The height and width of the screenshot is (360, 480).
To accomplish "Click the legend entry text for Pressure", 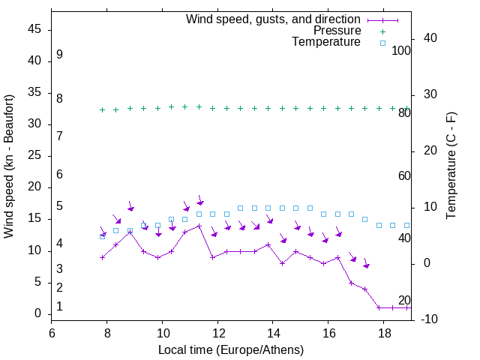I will click(x=337, y=31).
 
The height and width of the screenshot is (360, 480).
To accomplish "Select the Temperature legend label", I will click(x=326, y=42).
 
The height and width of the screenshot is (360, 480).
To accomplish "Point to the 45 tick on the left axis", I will click(x=34, y=29).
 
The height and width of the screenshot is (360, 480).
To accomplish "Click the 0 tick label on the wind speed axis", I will click(x=37, y=314).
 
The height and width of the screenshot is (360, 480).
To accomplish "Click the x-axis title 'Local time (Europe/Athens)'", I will click(x=231, y=349).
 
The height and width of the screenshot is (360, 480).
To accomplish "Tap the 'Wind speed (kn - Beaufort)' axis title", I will click(x=9, y=166).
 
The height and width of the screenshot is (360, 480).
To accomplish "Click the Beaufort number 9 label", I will click(x=59, y=55).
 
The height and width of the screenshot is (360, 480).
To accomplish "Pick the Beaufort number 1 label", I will click(x=59, y=307).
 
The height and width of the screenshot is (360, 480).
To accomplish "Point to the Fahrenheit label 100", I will click(x=402, y=50).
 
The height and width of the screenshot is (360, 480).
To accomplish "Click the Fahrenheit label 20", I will click(x=404, y=300).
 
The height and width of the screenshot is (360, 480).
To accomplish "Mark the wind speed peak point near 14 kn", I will click(x=199, y=226).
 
